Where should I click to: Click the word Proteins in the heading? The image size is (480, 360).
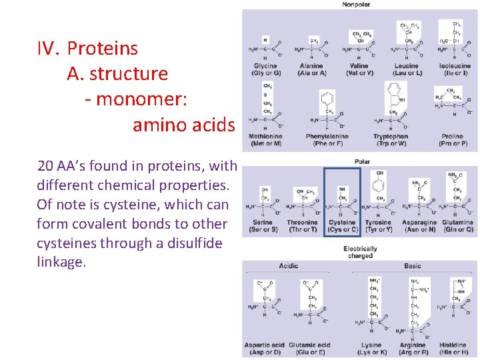[x=102, y=48]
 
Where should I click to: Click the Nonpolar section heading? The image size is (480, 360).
[x=356, y=5]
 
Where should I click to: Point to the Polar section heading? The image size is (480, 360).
[x=362, y=161]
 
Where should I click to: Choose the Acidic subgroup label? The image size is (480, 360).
[x=288, y=266]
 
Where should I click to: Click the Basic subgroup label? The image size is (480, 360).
[x=412, y=266]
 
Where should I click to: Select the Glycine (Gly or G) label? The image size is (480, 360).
[x=266, y=69]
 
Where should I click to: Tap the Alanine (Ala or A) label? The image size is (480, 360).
[x=311, y=69]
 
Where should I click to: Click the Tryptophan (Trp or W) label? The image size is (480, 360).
[x=391, y=140]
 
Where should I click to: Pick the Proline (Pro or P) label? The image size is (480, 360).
[x=453, y=140]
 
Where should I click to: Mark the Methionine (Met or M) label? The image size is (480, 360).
[x=265, y=140]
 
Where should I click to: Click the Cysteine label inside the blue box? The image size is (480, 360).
[x=342, y=226]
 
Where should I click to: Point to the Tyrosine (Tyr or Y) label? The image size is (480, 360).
[x=378, y=226]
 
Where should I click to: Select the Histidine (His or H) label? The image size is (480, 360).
[x=453, y=349]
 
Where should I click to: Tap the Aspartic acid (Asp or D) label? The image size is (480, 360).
[x=264, y=349]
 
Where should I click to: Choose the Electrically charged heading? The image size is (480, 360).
[x=360, y=252]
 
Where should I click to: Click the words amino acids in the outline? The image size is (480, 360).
[x=183, y=125]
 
